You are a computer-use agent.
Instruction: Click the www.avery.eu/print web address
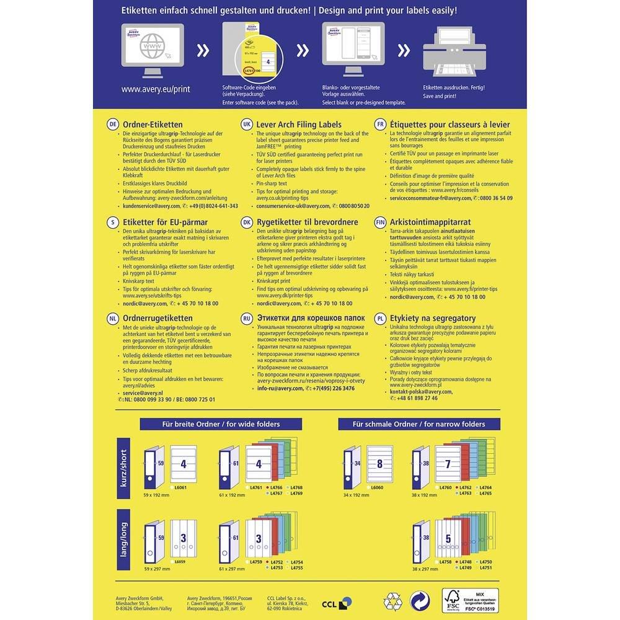point(156,89)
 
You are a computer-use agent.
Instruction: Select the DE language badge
point(113,124)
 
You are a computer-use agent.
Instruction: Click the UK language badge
point(247,124)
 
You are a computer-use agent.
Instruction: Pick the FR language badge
point(381,124)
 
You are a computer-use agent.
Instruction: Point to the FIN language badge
point(381,221)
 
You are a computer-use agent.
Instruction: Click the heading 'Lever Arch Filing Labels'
point(299,124)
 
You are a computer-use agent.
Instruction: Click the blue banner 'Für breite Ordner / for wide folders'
point(220,424)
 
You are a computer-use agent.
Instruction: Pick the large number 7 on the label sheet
point(448,464)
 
